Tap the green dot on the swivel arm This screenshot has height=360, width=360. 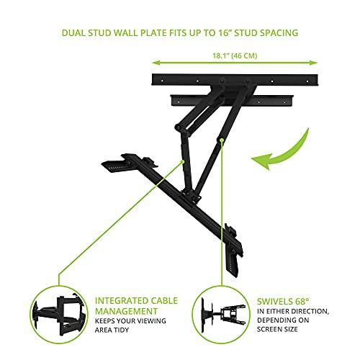click(224, 141)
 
